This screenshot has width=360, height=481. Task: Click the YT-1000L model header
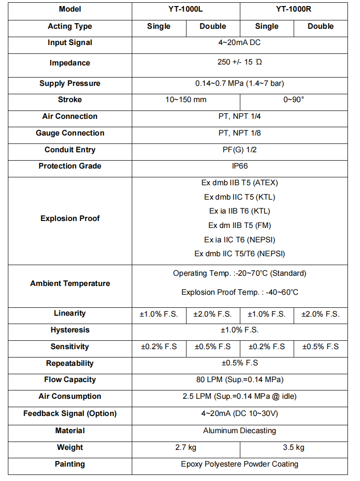(x=186, y=9)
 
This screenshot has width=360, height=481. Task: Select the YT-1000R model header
(x=294, y=9)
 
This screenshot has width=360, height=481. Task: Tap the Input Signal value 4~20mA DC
(x=239, y=43)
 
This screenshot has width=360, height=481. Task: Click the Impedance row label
(x=70, y=63)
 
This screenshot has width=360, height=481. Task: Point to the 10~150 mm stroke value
(x=186, y=99)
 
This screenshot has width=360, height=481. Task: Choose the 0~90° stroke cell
(x=294, y=99)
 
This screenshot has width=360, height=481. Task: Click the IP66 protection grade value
(x=239, y=166)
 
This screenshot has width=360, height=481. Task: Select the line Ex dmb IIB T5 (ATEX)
(x=239, y=182)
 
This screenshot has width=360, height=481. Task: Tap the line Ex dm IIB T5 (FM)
(x=239, y=225)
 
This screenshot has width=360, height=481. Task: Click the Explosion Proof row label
(x=70, y=218)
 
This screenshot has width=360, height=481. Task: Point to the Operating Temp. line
(x=239, y=273)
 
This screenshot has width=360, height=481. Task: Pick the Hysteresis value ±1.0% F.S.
(x=239, y=330)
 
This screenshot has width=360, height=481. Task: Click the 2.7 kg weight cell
(x=186, y=448)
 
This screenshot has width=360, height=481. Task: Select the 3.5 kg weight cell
(x=294, y=448)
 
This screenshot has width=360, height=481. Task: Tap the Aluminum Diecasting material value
(x=239, y=430)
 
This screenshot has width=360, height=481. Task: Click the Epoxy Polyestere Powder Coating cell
(x=239, y=464)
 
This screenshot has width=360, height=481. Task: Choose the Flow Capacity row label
(x=70, y=380)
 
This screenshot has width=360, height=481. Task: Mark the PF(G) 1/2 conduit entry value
(x=239, y=149)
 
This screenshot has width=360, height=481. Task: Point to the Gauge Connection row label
(x=70, y=133)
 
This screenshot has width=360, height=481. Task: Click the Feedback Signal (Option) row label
(x=70, y=413)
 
